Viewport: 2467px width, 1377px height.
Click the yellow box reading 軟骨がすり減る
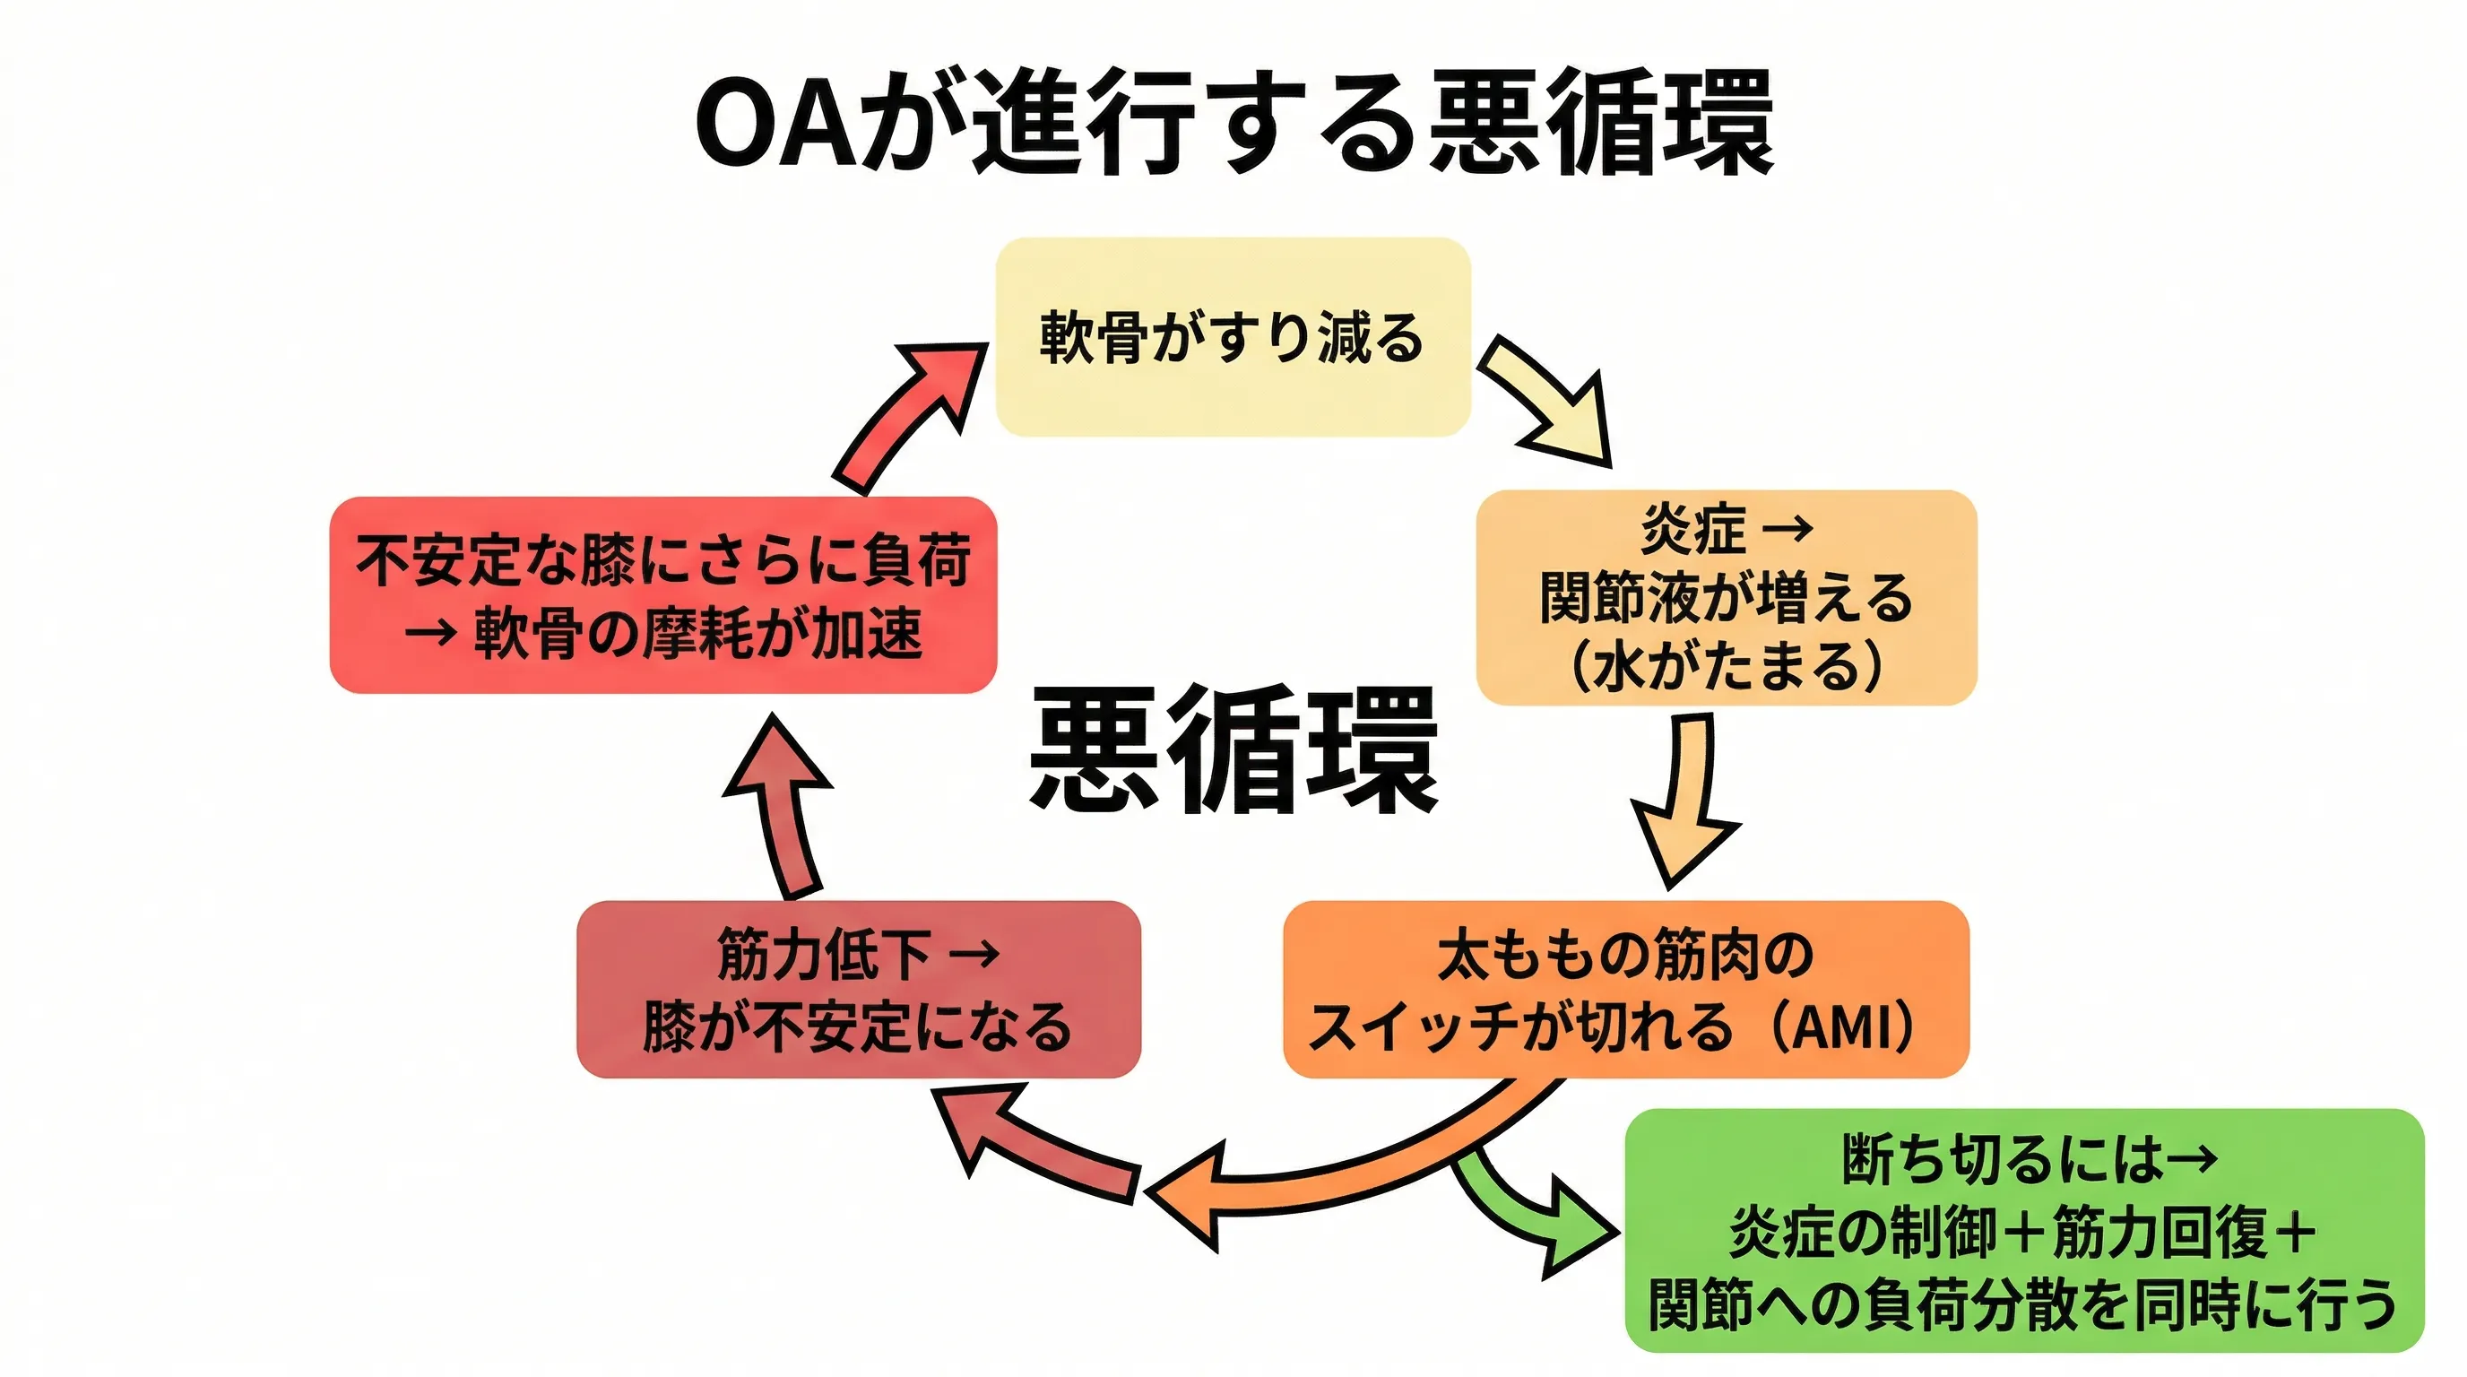pyautogui.click(x=1233, y=337)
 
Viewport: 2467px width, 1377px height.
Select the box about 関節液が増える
pyautogui.click(x=1726, y=598)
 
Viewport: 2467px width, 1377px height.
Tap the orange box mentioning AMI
pyautogui.click(x=1625, y=989)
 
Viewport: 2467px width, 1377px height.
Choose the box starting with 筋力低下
pyautogui.click(x=858, y=989)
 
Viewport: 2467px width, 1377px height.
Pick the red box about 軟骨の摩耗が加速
pyautogui.click(x=662, y=594)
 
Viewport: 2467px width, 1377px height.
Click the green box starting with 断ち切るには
pyautogui.click(x=2023, y=1231)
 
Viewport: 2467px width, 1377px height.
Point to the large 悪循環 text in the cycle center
pyautogui.click(x=1233, y=749)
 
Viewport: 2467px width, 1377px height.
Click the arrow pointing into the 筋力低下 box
pyautogui.click(x=1034, y=1144)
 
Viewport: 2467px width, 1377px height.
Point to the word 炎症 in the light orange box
pyautogui.click(x=1693, y=529)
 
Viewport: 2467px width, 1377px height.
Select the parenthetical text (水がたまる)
pyautogui.click(x=1726, y=665)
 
